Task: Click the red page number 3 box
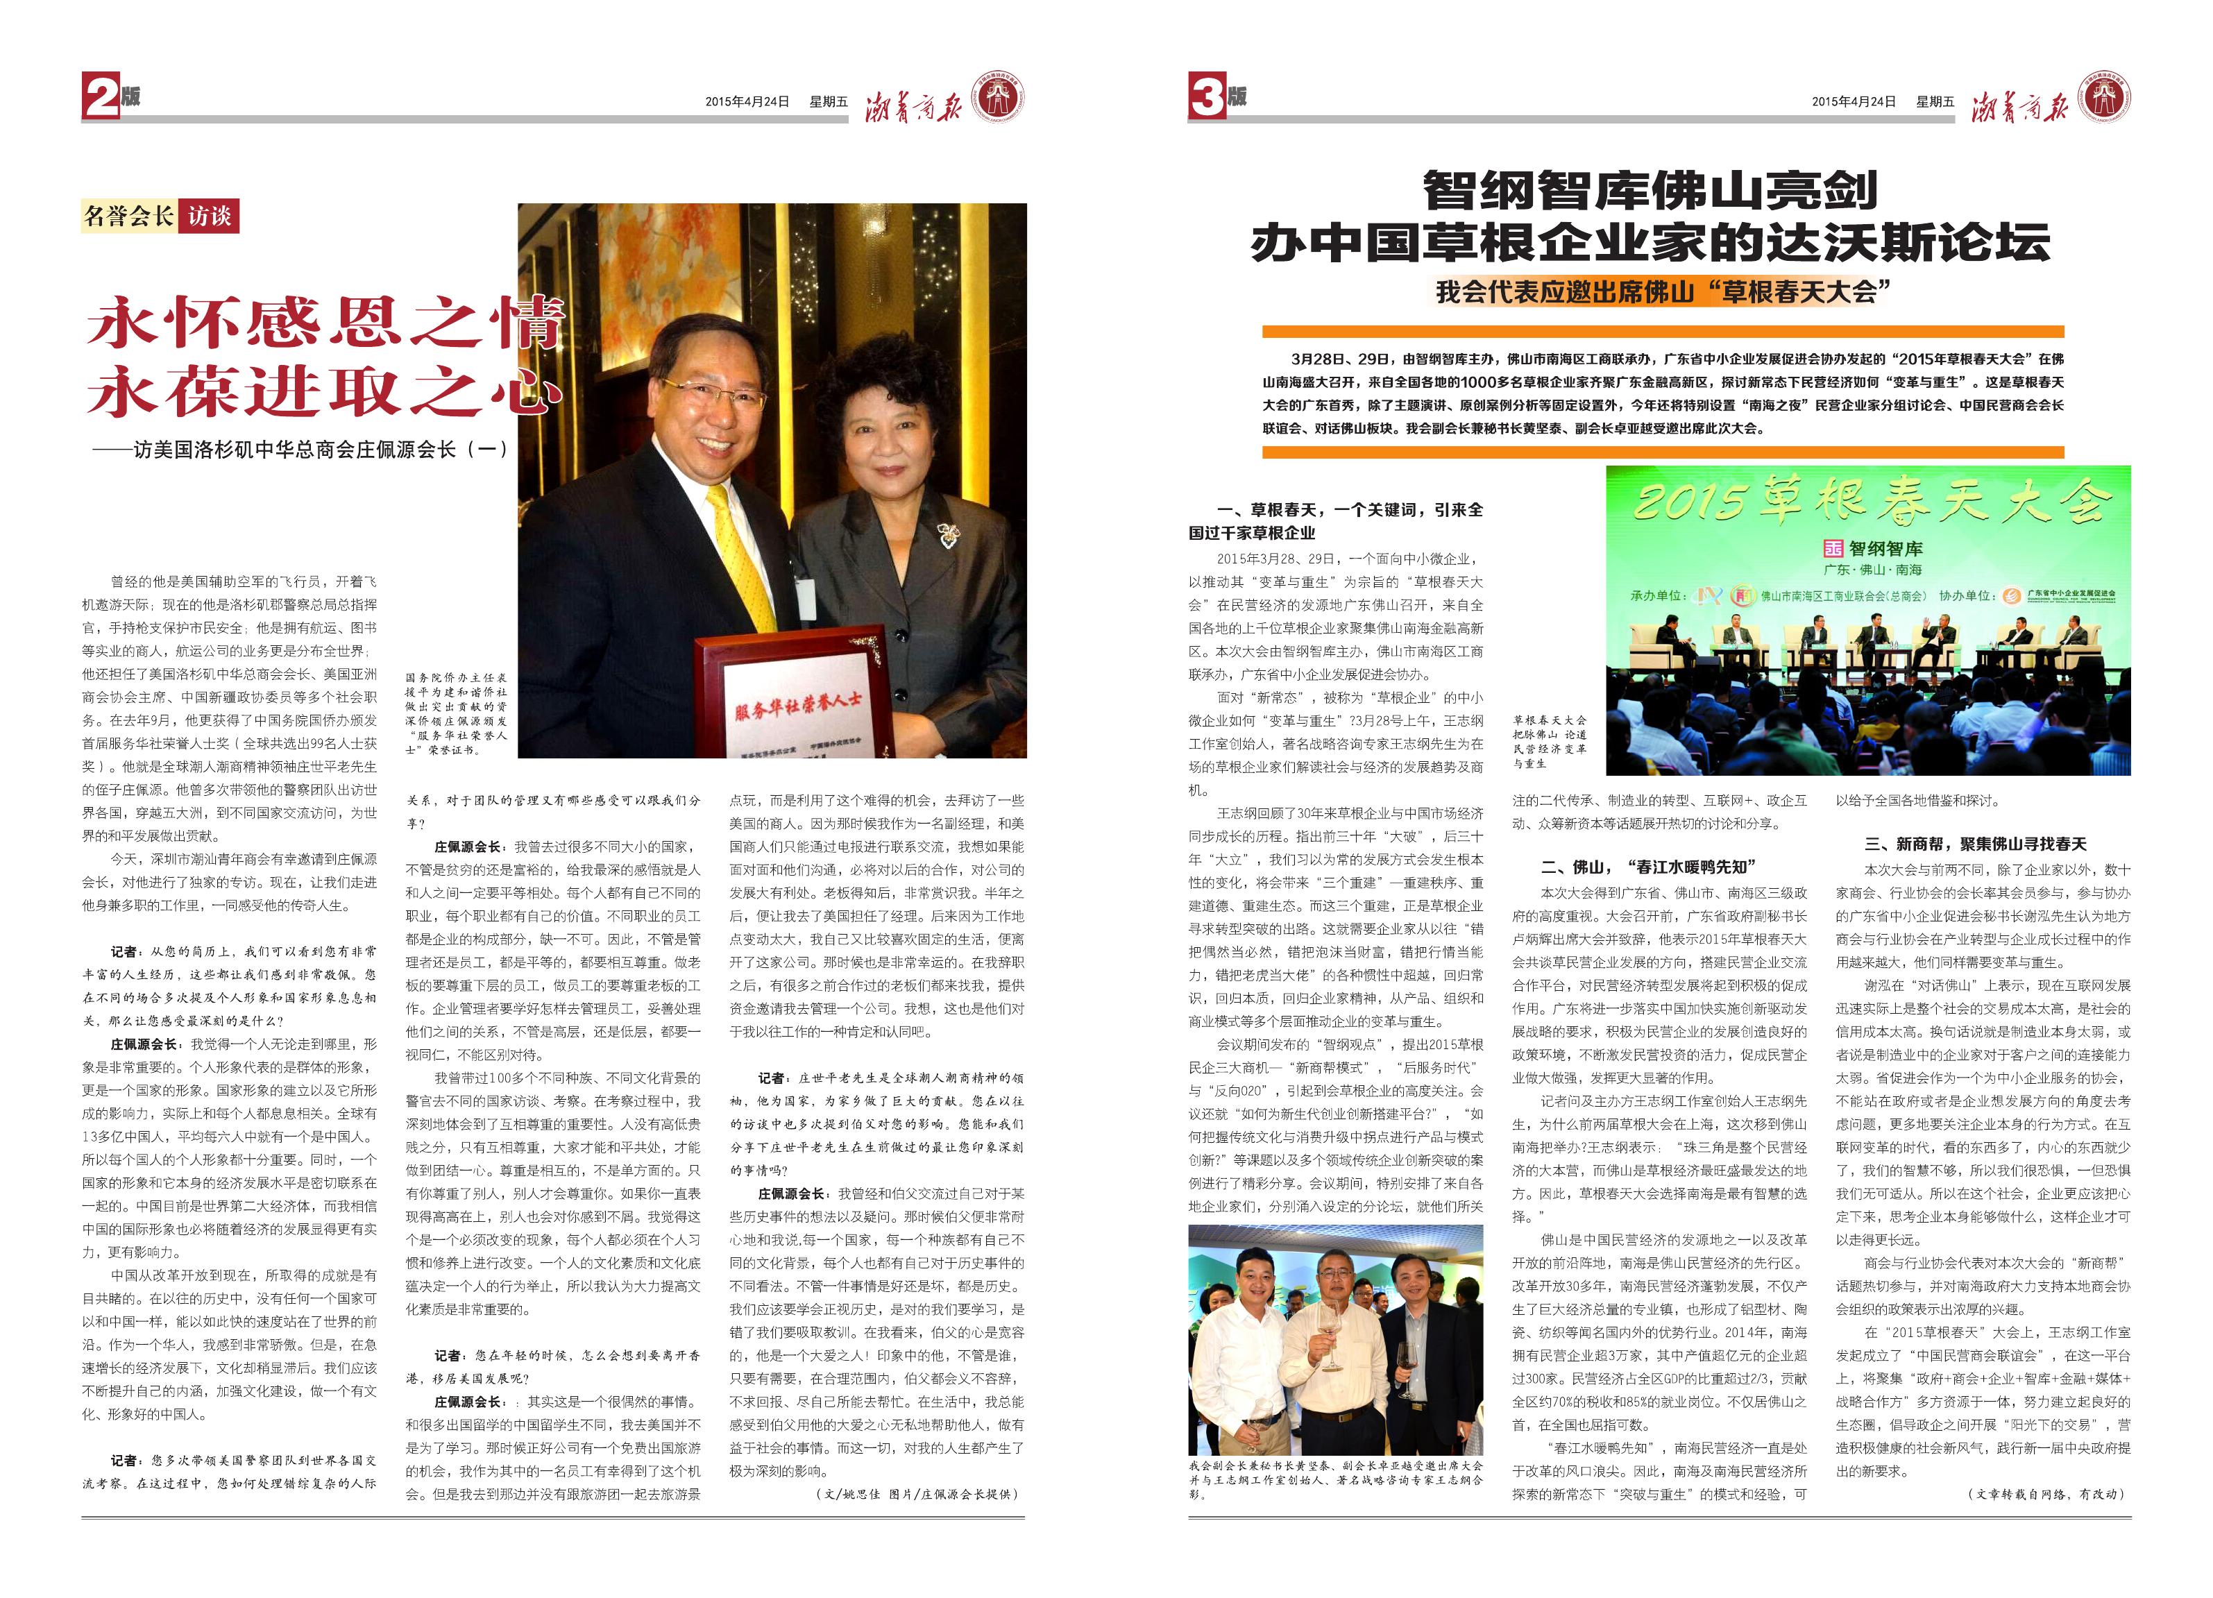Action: [1206, 99]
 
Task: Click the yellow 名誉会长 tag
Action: [129, 216]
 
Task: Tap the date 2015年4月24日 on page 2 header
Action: [747, 101]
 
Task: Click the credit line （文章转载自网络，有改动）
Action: [2045, 1494]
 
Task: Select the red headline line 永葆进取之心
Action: [324, 391]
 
